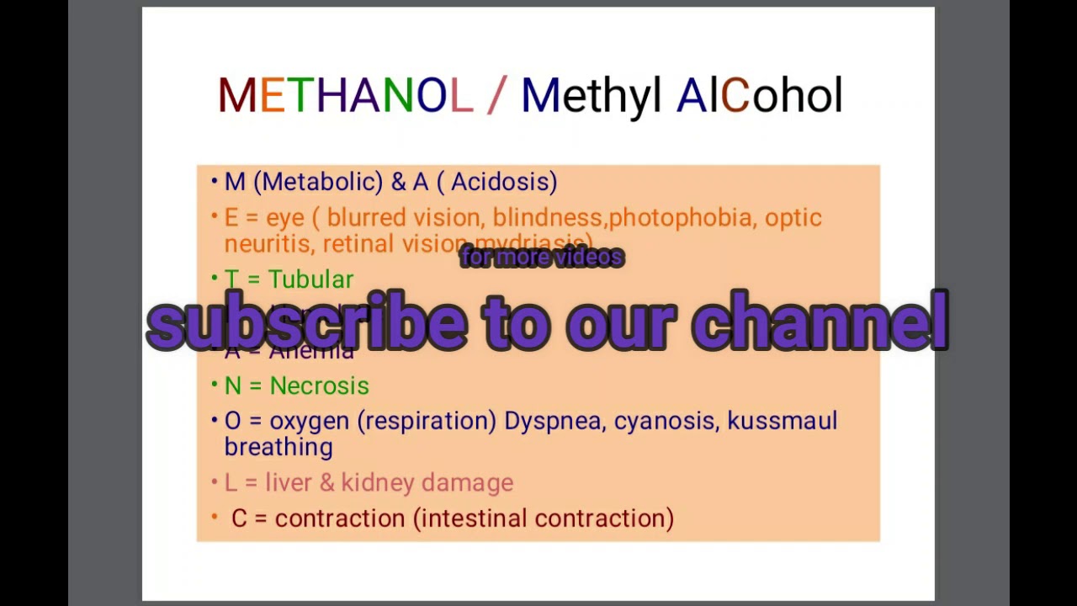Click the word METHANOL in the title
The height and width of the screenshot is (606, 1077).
(345, 96)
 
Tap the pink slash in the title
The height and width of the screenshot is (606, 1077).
(496, 96)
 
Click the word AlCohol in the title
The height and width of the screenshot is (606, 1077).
(759, 96)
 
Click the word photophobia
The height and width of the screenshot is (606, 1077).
(681, 218)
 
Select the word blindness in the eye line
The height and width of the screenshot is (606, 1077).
(547, 218)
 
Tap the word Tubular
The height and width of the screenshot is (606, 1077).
(310, 279)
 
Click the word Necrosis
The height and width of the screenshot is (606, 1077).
(319, 385)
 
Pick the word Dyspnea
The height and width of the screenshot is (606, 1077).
(554, 421)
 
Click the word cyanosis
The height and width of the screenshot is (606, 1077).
(666, 421)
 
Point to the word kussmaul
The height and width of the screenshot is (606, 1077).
(782, 421)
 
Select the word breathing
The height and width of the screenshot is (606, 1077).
(279, 447)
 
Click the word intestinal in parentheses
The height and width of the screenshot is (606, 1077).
(474, 518)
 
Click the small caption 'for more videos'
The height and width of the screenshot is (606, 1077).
(542, 258)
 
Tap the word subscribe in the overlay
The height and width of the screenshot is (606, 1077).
(306, 323)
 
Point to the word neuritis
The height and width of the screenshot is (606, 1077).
(269, 244)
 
